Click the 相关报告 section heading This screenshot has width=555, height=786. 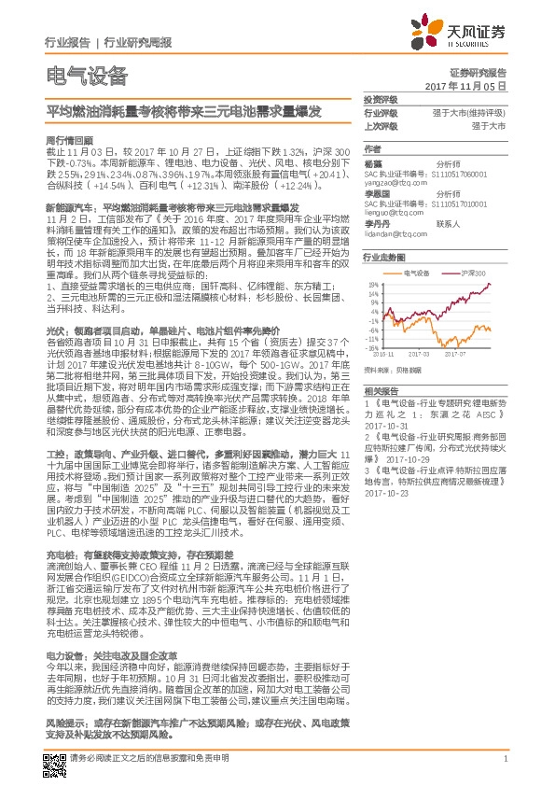click(380, 390)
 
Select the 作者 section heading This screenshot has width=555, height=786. click(372, 148)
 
